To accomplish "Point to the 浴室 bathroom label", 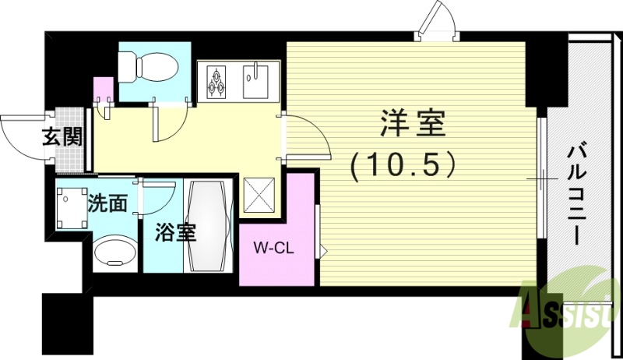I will [174, 232].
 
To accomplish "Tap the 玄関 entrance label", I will [62, 138].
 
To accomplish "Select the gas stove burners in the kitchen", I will [216, 81].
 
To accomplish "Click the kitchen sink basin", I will [255, 80].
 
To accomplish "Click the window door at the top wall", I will [437, 23].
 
